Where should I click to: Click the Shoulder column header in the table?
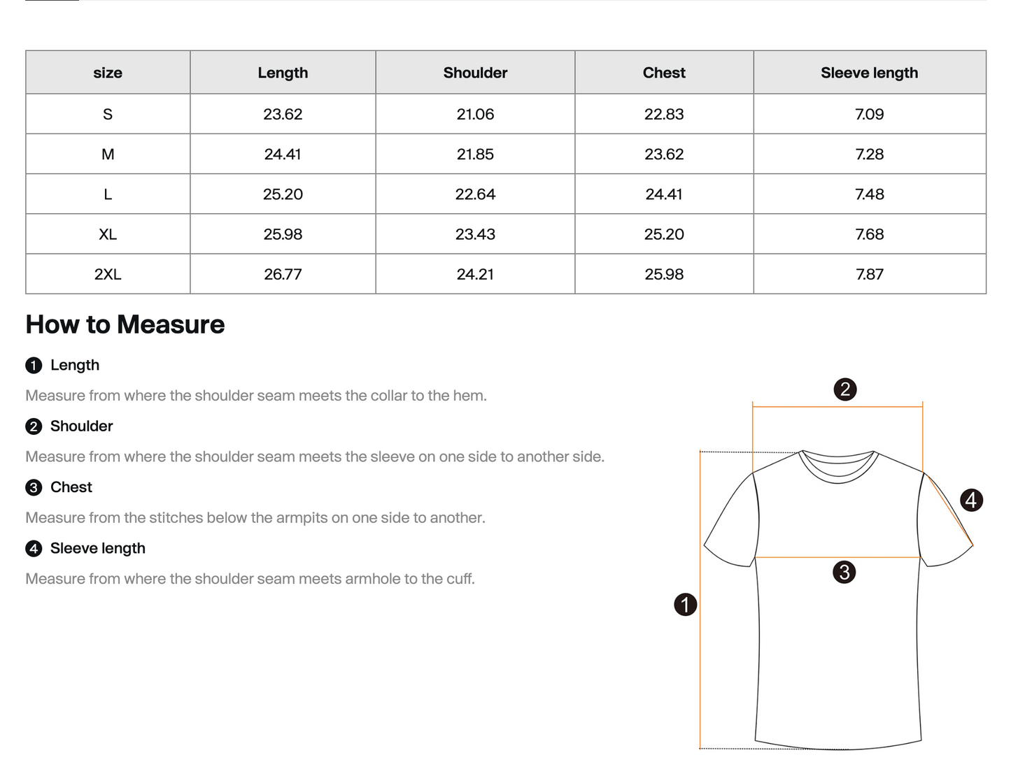(x=475, y=73)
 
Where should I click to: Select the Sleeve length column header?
(x=869, y=73)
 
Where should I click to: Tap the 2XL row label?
(x=108, y=275)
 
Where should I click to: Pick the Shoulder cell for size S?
(x=475, y=114)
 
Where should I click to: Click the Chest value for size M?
(x=664, y=155)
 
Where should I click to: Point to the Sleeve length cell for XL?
(x=869, y=234)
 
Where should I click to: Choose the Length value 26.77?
(x=283, y=275)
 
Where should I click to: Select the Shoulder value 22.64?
(x=475, y=194)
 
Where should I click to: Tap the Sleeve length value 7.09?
(x=869, y=114)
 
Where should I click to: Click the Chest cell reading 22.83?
(x=664, y=114)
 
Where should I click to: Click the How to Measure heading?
(x=125, y=325)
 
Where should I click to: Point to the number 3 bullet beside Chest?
(x=34, y=488)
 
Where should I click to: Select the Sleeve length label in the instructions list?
(x=98, y=549)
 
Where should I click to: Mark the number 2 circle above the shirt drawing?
(x=845, y=389)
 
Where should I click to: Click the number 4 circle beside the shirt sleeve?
(x=971, y=500)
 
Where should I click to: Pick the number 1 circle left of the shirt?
(x=686, y=605)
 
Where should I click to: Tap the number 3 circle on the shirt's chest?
(x=844, y=573)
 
